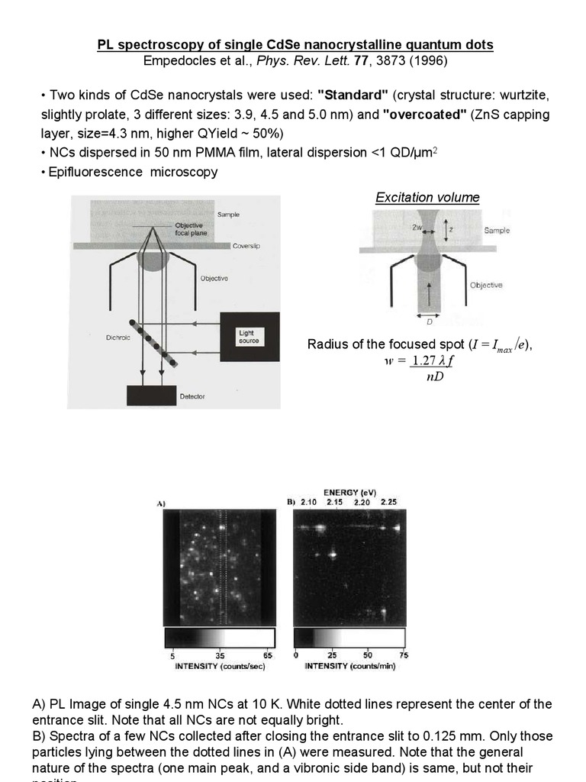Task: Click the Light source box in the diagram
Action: tap(244, 336)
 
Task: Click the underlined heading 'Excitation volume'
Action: tap(427, 198)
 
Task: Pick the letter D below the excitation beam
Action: tap(430, 322)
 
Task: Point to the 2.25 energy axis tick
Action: tap(388, 502)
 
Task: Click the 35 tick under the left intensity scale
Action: tap(220, 655)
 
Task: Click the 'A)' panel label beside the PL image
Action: tap(161, 504)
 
